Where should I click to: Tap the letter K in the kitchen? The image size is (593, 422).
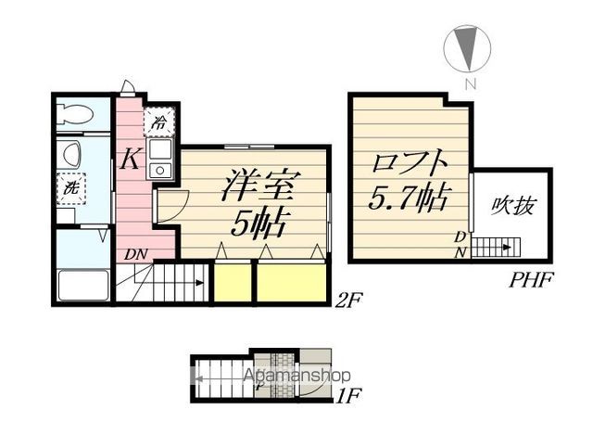tap(130, 160)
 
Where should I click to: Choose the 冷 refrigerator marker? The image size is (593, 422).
tap(159, 121)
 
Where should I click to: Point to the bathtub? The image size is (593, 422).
tap(83, 285)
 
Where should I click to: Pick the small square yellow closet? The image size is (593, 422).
tap(232, 282)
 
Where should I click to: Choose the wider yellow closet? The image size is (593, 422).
tap(292, 282)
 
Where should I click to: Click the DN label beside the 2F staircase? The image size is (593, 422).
tap(135, 252)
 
